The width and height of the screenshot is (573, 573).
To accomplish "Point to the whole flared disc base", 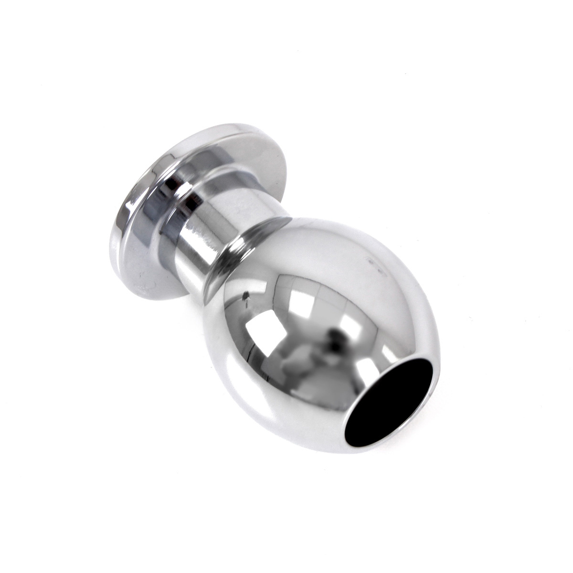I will pos(191,191).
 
